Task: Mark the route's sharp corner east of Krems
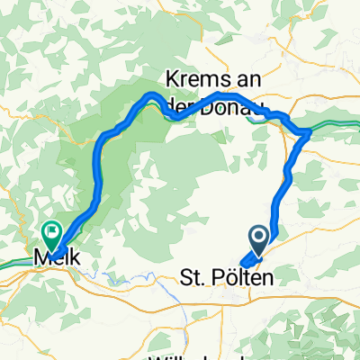pyautogui.click(x=308, y=132)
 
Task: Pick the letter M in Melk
pyautogui.click(x=40, y=257)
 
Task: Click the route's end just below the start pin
pyautogui.click(x=245, y=264)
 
